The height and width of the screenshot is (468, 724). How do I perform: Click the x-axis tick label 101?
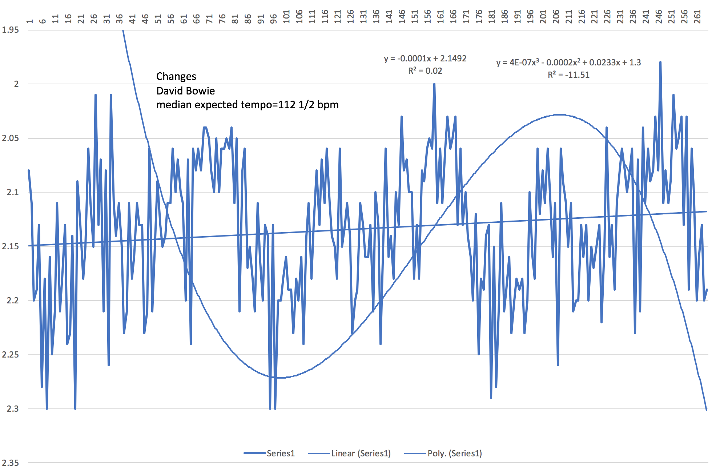287,16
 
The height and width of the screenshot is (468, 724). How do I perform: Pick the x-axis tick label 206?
556,16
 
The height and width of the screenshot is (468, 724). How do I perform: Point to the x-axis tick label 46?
145,18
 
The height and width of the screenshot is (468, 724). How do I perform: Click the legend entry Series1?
281,453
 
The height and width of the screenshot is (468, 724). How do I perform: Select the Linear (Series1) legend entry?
361,453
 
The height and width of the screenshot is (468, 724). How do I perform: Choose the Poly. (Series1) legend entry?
455,453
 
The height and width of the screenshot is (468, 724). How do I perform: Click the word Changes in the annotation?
176,76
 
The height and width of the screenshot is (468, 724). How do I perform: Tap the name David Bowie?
185,91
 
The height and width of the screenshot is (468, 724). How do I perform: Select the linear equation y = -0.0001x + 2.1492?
425,58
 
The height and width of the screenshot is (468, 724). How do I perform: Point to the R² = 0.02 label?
425,71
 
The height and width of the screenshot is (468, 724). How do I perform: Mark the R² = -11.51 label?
568,75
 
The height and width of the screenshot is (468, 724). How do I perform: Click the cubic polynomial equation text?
568,62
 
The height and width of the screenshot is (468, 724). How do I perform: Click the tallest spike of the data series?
660,62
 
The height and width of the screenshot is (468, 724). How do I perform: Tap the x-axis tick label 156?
428,16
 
